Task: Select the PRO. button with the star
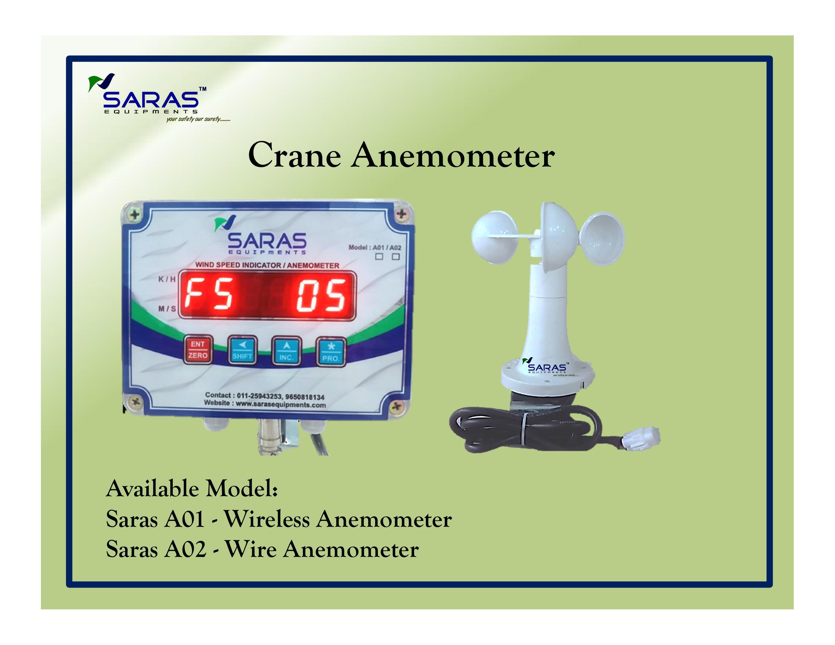pyautogui.click(x=331, y=352)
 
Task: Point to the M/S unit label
pyautogui.click(x=167, y=308)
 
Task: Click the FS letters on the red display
pyautogui.click(x=209, y=294)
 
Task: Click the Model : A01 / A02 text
pyautogui.click(x=375, y=247)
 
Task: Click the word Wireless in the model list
pyautogui.click(x=266, y=520)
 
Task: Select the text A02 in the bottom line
pyautogui.click(x=185, y=550)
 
